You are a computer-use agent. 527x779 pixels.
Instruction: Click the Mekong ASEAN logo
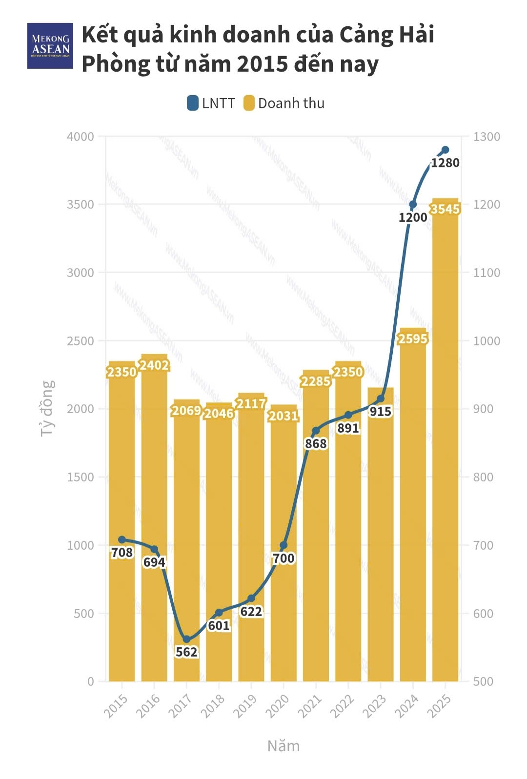click(x=50, y=45)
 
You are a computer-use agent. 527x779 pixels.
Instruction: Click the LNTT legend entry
click(x=211, y=103)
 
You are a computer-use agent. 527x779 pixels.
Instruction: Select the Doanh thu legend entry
click(x=284, y=103)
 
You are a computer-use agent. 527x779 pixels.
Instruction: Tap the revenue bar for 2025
click(x=445, y=439)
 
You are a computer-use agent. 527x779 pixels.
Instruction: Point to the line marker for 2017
click(x=186, y=639)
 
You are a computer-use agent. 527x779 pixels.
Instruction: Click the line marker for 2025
click(x=445, y=150)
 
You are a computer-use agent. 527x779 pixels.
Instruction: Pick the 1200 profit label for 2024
click(x=413, y=218)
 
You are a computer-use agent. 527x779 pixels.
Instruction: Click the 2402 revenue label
click(x=154, y=365)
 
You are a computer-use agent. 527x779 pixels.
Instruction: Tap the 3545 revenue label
click(x=445, y=209)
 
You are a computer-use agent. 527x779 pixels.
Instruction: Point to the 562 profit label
click(x=186, y=652)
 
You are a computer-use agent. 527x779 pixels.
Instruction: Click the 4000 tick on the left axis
click(x=80, y=137)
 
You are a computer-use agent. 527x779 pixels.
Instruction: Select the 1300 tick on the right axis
click(x=486, y=137)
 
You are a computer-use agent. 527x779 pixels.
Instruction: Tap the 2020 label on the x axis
click(x=278, y=705)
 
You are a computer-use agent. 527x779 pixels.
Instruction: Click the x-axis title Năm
click(x=284, y=746)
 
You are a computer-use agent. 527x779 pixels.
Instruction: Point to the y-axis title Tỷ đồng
click(x=47, y=408)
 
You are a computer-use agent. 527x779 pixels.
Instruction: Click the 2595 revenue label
click(x=413, y=339)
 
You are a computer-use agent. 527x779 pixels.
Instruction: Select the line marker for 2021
click(x=316, y=431)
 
